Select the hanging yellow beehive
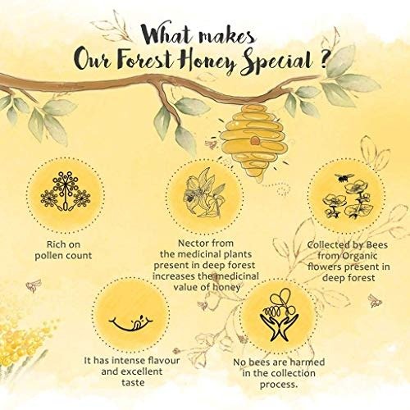pyautogui.click(x=253, y=140)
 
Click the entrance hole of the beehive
pyautogui.click(x=255, y=140)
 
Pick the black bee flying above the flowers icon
pyautogui.click(x=344, y=177)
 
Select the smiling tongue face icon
pyautogui.click(x=130, y=322)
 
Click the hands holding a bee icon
pyautogui.click(x=279, y=314)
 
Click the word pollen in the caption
pyautogui.click(x=50, y=256)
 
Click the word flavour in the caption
pyautogui.click(x=163, y=360)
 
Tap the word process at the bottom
pyautogui.click(x=279, y=385)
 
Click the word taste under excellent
pyautogui.click(x=133, y=383)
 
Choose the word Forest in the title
pyautogui.click(x=145, y=60)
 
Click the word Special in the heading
pyautogui.click(x=276, y=61)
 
